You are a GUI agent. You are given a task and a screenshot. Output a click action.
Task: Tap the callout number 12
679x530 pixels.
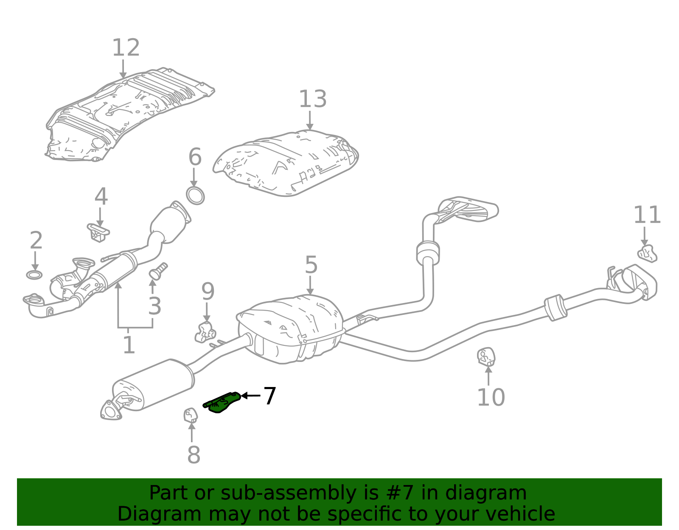[126, 48]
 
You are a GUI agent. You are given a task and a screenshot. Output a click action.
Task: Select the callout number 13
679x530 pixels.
[312, 99]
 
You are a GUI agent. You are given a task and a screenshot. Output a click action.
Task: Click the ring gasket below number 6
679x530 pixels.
[195, 195]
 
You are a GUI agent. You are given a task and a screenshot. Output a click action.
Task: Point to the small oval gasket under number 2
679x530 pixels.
[34, 275]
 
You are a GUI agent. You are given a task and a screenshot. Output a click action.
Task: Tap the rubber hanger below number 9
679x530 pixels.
[205, 332]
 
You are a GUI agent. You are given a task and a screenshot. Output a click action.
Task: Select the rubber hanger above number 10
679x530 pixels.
[486, 356]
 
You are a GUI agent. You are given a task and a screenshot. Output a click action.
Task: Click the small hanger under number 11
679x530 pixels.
[647, 253]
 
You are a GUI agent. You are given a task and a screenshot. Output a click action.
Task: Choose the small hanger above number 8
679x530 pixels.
[190, 415]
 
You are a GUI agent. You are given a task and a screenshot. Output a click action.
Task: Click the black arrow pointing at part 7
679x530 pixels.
[250, 395]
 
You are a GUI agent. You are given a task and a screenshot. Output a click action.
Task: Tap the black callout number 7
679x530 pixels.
[269, 396]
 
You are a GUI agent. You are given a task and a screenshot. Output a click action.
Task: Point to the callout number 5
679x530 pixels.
[311, 265]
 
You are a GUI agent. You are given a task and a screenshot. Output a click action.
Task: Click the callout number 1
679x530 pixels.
[129, 345]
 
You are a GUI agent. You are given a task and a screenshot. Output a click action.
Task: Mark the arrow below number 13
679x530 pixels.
[310, 121]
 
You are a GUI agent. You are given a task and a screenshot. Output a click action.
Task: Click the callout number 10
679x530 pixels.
[491, 398]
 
